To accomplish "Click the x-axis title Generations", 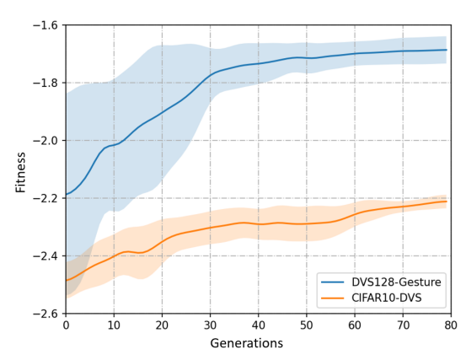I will point(259,343).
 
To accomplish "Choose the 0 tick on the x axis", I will point(66,324).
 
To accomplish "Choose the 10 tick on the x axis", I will point(114,324).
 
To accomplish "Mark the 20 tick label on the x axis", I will point(162,324).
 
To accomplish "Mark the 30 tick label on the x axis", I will point(210,324).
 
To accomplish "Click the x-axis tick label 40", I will point(259,324).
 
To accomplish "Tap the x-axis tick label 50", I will point(307,324).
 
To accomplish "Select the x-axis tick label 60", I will point(355,324).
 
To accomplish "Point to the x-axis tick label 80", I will point(451,324).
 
